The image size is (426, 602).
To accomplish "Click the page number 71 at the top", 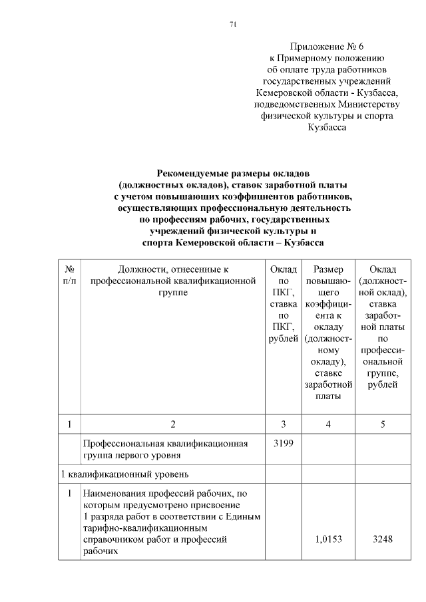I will tap(233, 25).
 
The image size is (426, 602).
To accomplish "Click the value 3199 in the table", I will tap(283, 442).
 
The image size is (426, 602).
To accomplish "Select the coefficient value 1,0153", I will tap(327, 539).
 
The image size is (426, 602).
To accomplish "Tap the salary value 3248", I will tap(383, 539).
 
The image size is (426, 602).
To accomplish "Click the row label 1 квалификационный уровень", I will tap(124, 474).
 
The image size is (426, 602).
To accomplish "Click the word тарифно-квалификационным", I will tap(138, 528).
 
